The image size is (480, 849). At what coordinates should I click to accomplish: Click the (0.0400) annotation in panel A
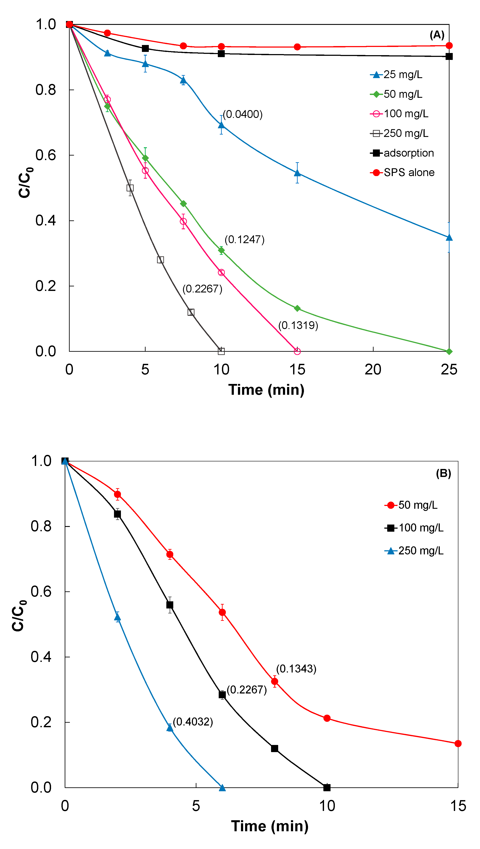point(243,114)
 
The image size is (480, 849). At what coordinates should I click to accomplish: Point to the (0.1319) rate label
point(298,326)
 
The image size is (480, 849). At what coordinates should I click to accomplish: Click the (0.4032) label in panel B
point(193,722)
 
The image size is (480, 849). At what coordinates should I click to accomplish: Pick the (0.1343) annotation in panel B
point(296,669)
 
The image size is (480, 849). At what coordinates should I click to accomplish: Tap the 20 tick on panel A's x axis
point(373,369)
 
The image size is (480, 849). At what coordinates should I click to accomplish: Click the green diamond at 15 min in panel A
point(297,308)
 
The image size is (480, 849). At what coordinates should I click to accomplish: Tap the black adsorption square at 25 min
point(449,56)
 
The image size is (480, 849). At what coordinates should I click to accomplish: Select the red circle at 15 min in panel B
point(458,743)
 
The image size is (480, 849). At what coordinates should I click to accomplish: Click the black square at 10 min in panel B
point(327,787)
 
